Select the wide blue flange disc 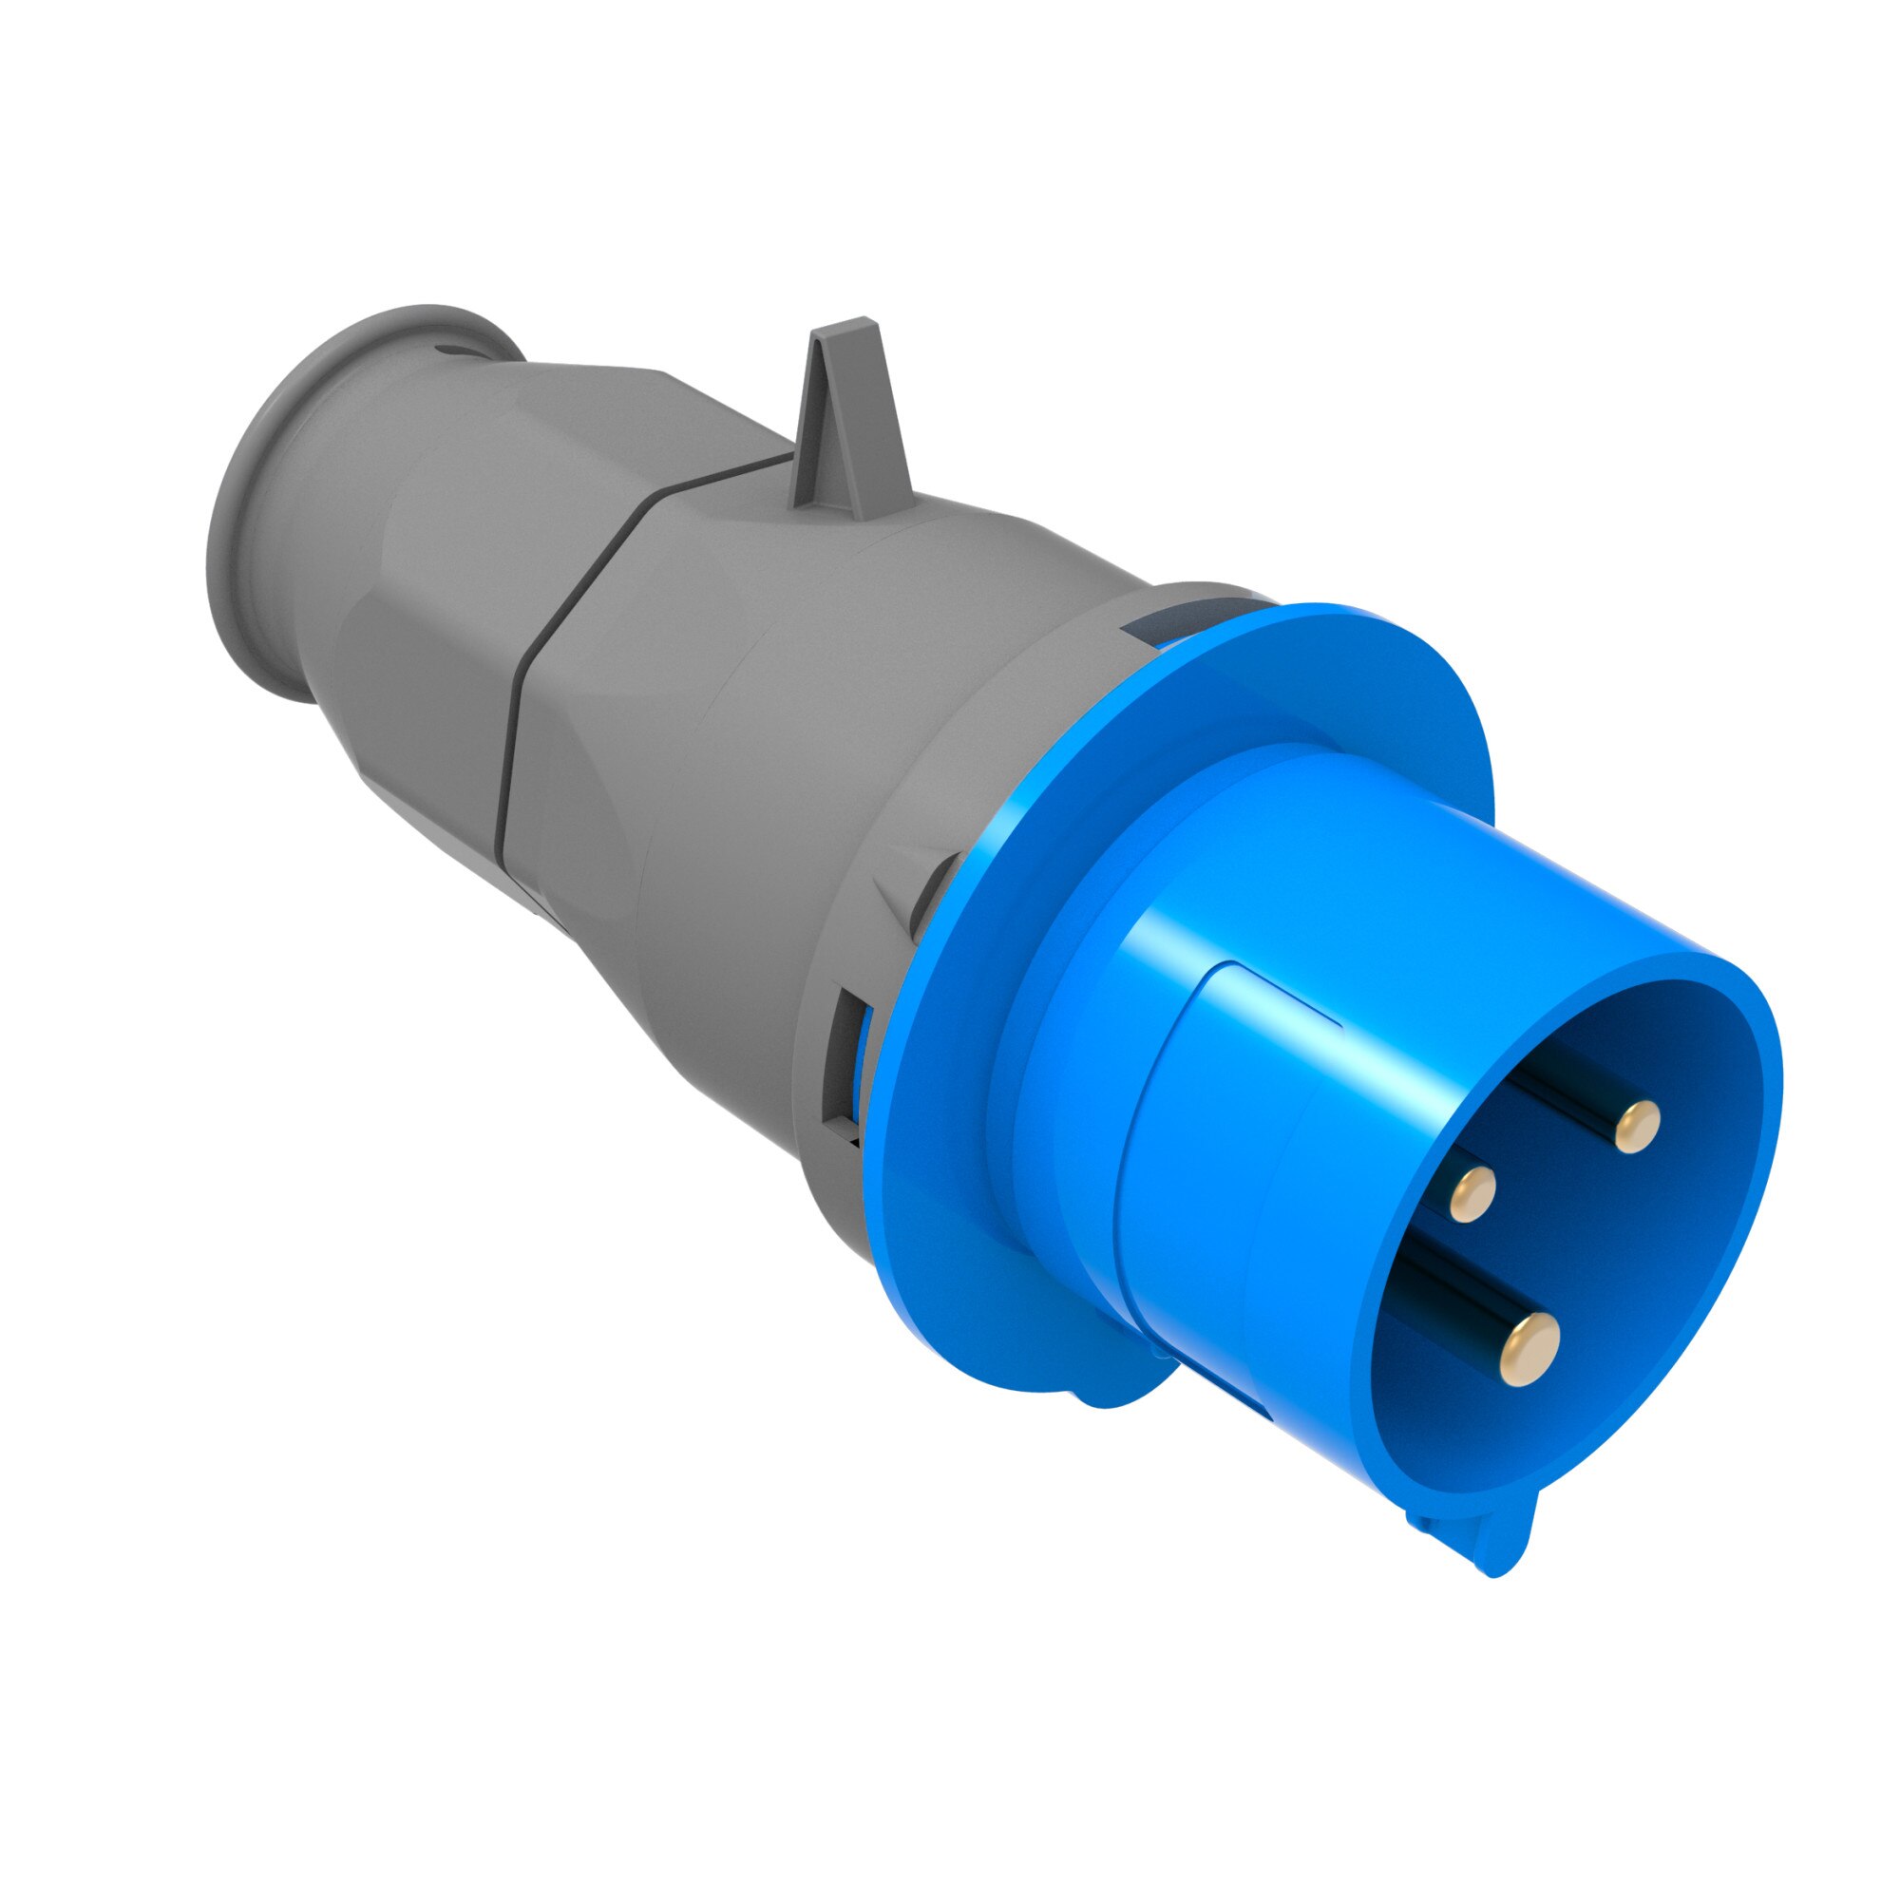pyautogui.click(x=983, y=1180)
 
